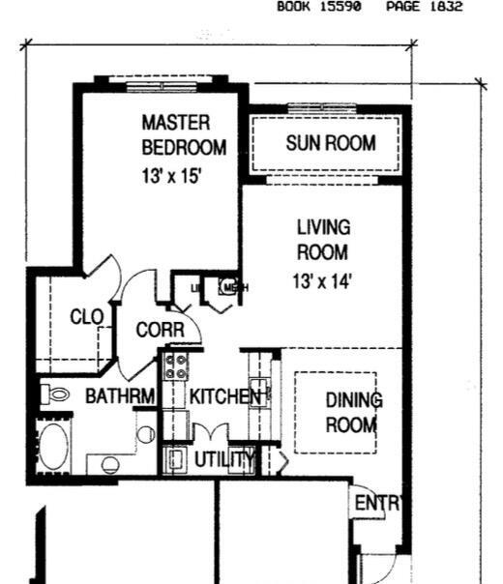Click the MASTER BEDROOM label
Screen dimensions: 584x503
click(x=184, y=135)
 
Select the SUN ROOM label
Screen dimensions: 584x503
click(x=331, y=144)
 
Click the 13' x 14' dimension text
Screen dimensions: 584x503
click(x=321, y=282)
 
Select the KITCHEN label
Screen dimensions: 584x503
click(x=225, y=396)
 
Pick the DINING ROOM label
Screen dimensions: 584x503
click(x=353, y=412)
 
